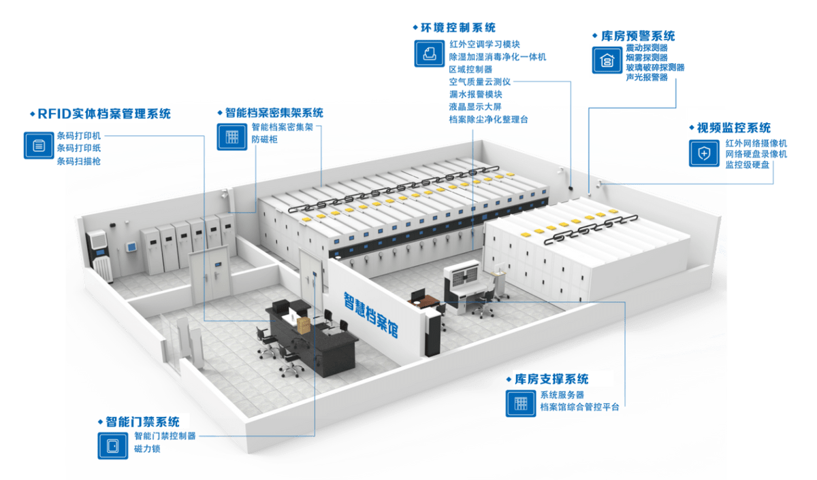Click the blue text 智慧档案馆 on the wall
[x=370, y=313]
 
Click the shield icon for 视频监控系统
[x=703, y=153]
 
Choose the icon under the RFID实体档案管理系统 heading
[x=38, y=145]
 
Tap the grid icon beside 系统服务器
[x=519, y=403]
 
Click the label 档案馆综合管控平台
[x=580, y=407]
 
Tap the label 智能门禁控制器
[x=165, y=436]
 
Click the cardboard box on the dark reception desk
[x=304, y=325]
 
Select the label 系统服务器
[x=562, y=395]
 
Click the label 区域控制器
[x=470, y=69]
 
